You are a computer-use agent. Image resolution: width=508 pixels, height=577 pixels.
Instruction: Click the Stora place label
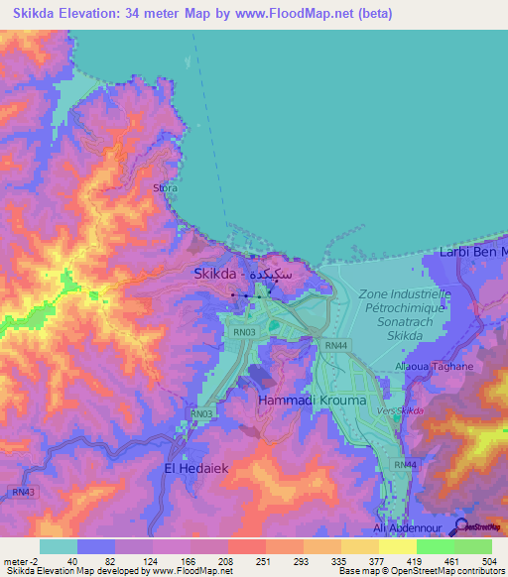tap(166, 186)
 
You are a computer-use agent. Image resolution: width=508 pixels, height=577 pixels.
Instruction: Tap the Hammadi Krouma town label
tap(313, 400)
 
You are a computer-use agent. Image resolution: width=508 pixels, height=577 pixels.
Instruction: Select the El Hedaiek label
tap(197, 464)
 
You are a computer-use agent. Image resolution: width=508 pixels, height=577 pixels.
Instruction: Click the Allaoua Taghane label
tap(435, 366)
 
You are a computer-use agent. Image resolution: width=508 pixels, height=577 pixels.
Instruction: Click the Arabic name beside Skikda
tap(273, 273)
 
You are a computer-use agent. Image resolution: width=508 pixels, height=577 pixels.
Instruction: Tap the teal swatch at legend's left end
tap(58, 546)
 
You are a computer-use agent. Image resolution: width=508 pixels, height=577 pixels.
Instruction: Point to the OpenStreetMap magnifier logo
tap(462, 525)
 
